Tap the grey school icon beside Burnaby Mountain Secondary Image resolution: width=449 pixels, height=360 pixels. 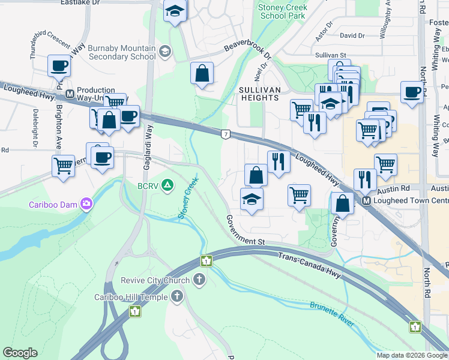click(x=164, y=52)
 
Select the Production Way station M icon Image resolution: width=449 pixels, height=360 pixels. click(x=70, y=94)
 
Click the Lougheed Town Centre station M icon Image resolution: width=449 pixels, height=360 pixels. click(x=366, y=201)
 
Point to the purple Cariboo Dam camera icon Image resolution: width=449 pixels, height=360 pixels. click(x=87, y=205)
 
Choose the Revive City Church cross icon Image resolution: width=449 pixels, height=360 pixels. click(x=199, y=280)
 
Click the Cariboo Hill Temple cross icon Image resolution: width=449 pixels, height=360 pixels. click(x=176, y=296)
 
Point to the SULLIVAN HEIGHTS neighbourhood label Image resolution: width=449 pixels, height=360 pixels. click(x=260, y=93)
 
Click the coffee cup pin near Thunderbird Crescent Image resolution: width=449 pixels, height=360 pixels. click(x=59, y=66)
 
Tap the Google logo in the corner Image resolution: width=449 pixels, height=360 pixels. click(x=20, y=353)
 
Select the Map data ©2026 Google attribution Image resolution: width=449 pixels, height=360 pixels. click(x=412, y=355)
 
